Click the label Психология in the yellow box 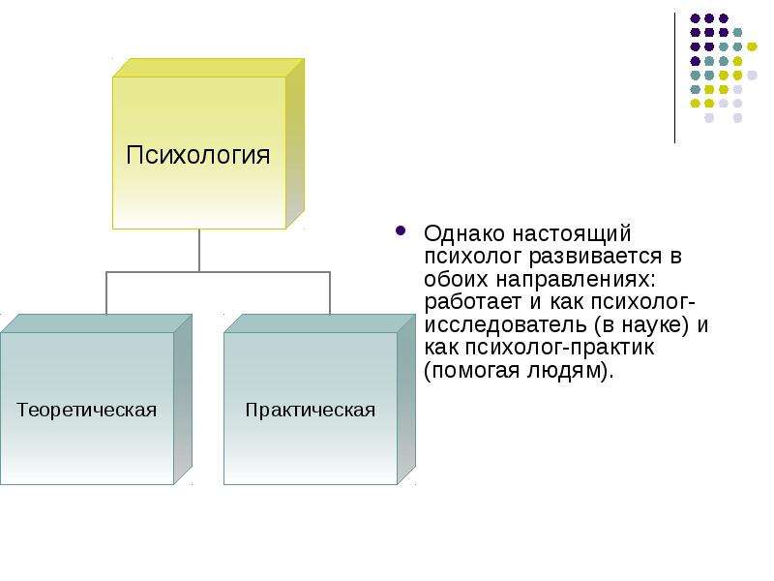(x=198, y=155)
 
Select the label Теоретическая (x=86, y=410)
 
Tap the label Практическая (x=310, y=410)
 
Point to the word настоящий (x=572, y=234)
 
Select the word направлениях (x=576, y=280)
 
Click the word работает (x=472, y=301)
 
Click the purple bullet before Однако (x=401, y=230)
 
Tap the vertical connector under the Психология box (x=199, y=251)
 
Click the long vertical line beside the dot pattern (x=674, y=78)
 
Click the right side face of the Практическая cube (x=406, y=399)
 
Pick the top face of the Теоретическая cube (x=96, y=323)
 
